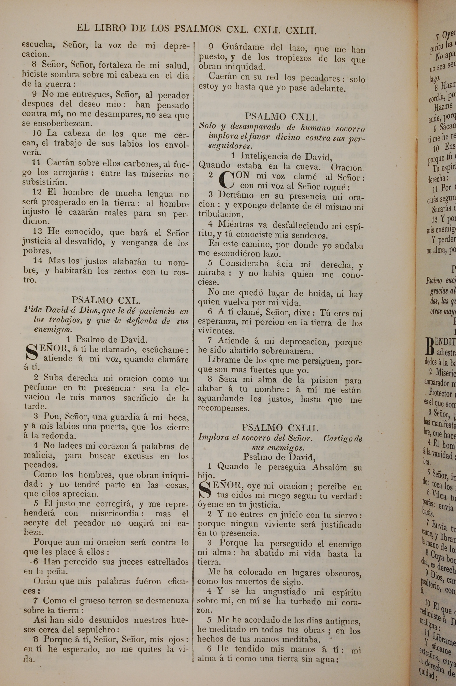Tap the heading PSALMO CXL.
106,300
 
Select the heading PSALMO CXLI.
281,117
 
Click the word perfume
40,388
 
